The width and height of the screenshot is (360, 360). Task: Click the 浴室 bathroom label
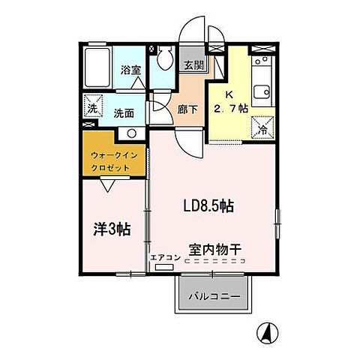point(130,70)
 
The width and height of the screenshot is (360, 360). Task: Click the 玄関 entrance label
point(193,65)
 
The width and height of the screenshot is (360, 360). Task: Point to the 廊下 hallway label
point(187,109)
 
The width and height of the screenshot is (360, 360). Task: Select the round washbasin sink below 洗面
point(130,133)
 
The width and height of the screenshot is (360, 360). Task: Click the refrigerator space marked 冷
point(263,127)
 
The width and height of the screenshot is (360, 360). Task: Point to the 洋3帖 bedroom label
point(112,229)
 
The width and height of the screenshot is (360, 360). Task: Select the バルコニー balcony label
point(214,297)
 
